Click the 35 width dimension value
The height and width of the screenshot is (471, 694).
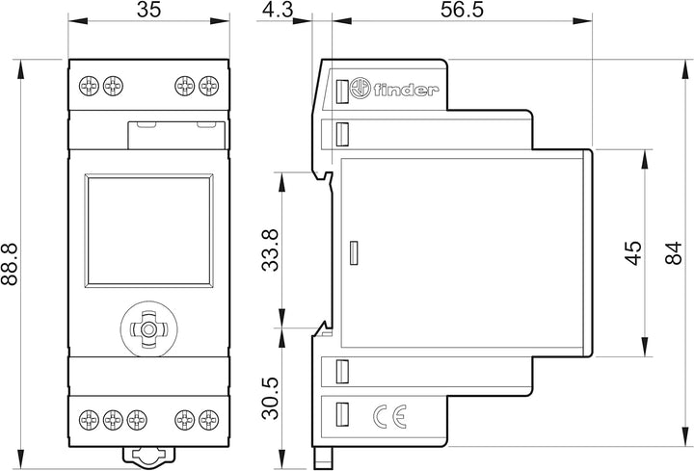pyautogui.click(x=148, y=10)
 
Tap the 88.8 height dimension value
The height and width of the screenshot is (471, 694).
pyautogui.click(x=10, y=264)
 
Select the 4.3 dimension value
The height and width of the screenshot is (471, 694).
pyautogui.click(x=278, y=10)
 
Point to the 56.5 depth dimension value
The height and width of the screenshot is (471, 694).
pyautogui.click(x=462, y=10)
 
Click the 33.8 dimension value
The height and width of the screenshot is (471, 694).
pyautogui.click(x=271, y=249)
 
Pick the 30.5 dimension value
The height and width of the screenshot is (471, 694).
pyautogui.click(x=271, y=398)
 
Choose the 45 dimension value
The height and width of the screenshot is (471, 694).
pyautogui.click(x=633, y=253)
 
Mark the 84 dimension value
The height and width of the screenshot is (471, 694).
pyautogui.click(x=673, y=253)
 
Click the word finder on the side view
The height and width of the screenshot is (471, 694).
pyautogui.click(x=406, y=90)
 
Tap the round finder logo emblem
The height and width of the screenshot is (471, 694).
pyautogui.click(x=360, y=89)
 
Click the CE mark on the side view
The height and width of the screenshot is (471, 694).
pyautogui.click(x=389, y=417)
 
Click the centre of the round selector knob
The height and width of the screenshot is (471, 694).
pyautogui.click(x=148, y=329)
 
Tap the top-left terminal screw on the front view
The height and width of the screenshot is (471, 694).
pyautogui.click(x=89, y=86)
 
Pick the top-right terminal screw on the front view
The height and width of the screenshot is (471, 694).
pyautogui.click(x=208, y=86)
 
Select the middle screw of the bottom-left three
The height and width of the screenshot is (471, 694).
pyautogui.click(x=113, y=420)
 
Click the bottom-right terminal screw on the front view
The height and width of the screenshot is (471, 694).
pyautogui.click(x=208, y=420)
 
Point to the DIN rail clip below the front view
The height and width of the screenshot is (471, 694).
pyautogui.click(x=149, y=456)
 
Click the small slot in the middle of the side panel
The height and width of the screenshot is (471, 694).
pyautogui.click(x=354, y=253)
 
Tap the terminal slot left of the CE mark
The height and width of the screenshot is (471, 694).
pyautogui.click(x=341, y=414)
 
